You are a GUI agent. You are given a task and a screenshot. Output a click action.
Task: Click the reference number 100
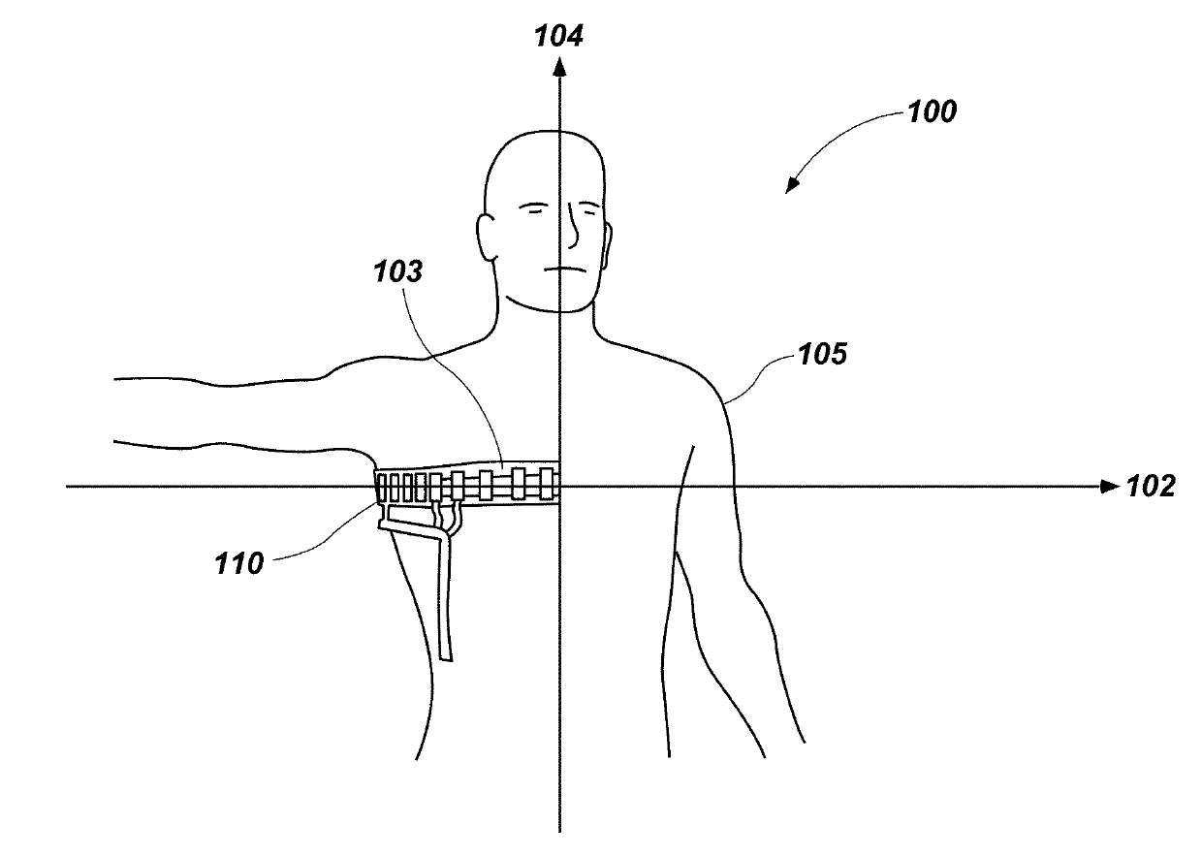pyautogui.click(x=931, y=111)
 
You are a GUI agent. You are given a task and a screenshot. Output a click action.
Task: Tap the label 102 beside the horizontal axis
pyautogui.click(x=1152, y=487)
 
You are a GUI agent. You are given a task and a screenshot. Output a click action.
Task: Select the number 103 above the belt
pyautogui.click(x=399, y=272)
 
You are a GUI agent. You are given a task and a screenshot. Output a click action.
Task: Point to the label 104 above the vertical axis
pyautogui.click(x=559, y=37)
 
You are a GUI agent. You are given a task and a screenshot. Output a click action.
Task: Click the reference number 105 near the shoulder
pyautogui.click(x=822, y=355)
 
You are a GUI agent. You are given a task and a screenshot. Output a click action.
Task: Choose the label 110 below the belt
pyautogui.click(x=238, y=563)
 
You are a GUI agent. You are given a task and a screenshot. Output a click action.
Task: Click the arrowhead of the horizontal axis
pyautogui.click(x=1109, y=487)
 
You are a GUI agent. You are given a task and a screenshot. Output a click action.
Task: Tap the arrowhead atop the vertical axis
pyautogui.click(x=559, y=65)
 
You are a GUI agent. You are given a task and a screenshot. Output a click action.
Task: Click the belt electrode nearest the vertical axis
pyautogui.click(x=546, y=483)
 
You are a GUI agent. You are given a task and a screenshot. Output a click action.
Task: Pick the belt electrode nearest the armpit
pyautogui.click(x=383, y=488)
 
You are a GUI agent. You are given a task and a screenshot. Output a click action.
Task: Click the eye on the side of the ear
pyautogui.click(x=531, y=207)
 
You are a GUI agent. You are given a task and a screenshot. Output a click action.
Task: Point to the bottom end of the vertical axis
pyautogui.click(x=559, y=830)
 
